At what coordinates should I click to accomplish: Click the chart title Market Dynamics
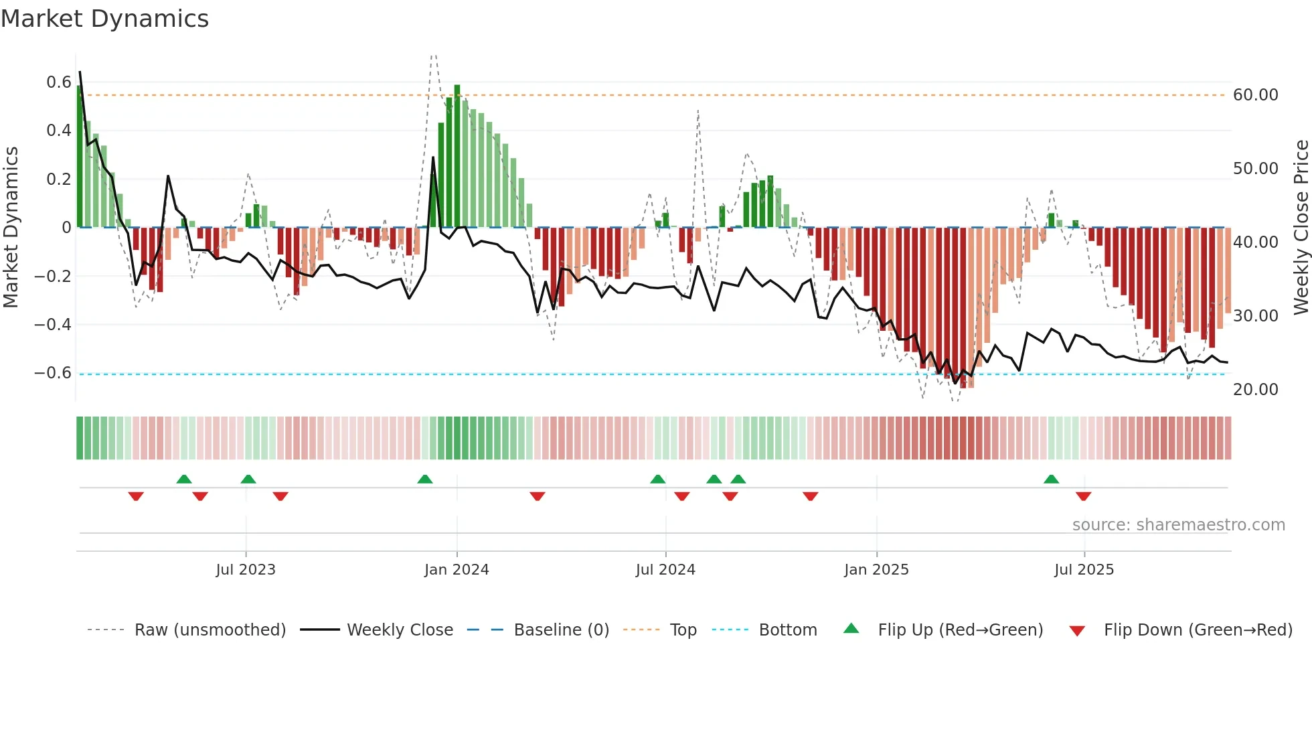coord(104,19)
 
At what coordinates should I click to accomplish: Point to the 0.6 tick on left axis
coord(58,82)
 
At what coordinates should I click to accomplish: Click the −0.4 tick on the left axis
coord(52,325)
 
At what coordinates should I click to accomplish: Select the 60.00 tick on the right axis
coord(1255,95)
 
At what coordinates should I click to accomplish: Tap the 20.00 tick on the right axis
coord(1255,390)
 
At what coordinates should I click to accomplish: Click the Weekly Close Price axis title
coord(1301,227)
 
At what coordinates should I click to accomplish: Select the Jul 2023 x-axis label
coord(246,570)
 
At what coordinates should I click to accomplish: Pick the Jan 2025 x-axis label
coord(876,570)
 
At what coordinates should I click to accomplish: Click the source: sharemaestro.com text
coord(1178,525)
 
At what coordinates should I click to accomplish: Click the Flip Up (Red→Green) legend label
coord(960,630)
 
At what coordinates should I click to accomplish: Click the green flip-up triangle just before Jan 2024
coord(424,479)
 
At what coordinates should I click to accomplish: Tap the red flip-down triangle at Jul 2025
coord(1083,496)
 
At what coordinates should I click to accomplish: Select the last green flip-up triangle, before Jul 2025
coord(1051,479)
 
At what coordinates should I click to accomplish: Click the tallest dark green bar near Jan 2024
coord(457,155)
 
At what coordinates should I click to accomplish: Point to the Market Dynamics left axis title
coord(11,227)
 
